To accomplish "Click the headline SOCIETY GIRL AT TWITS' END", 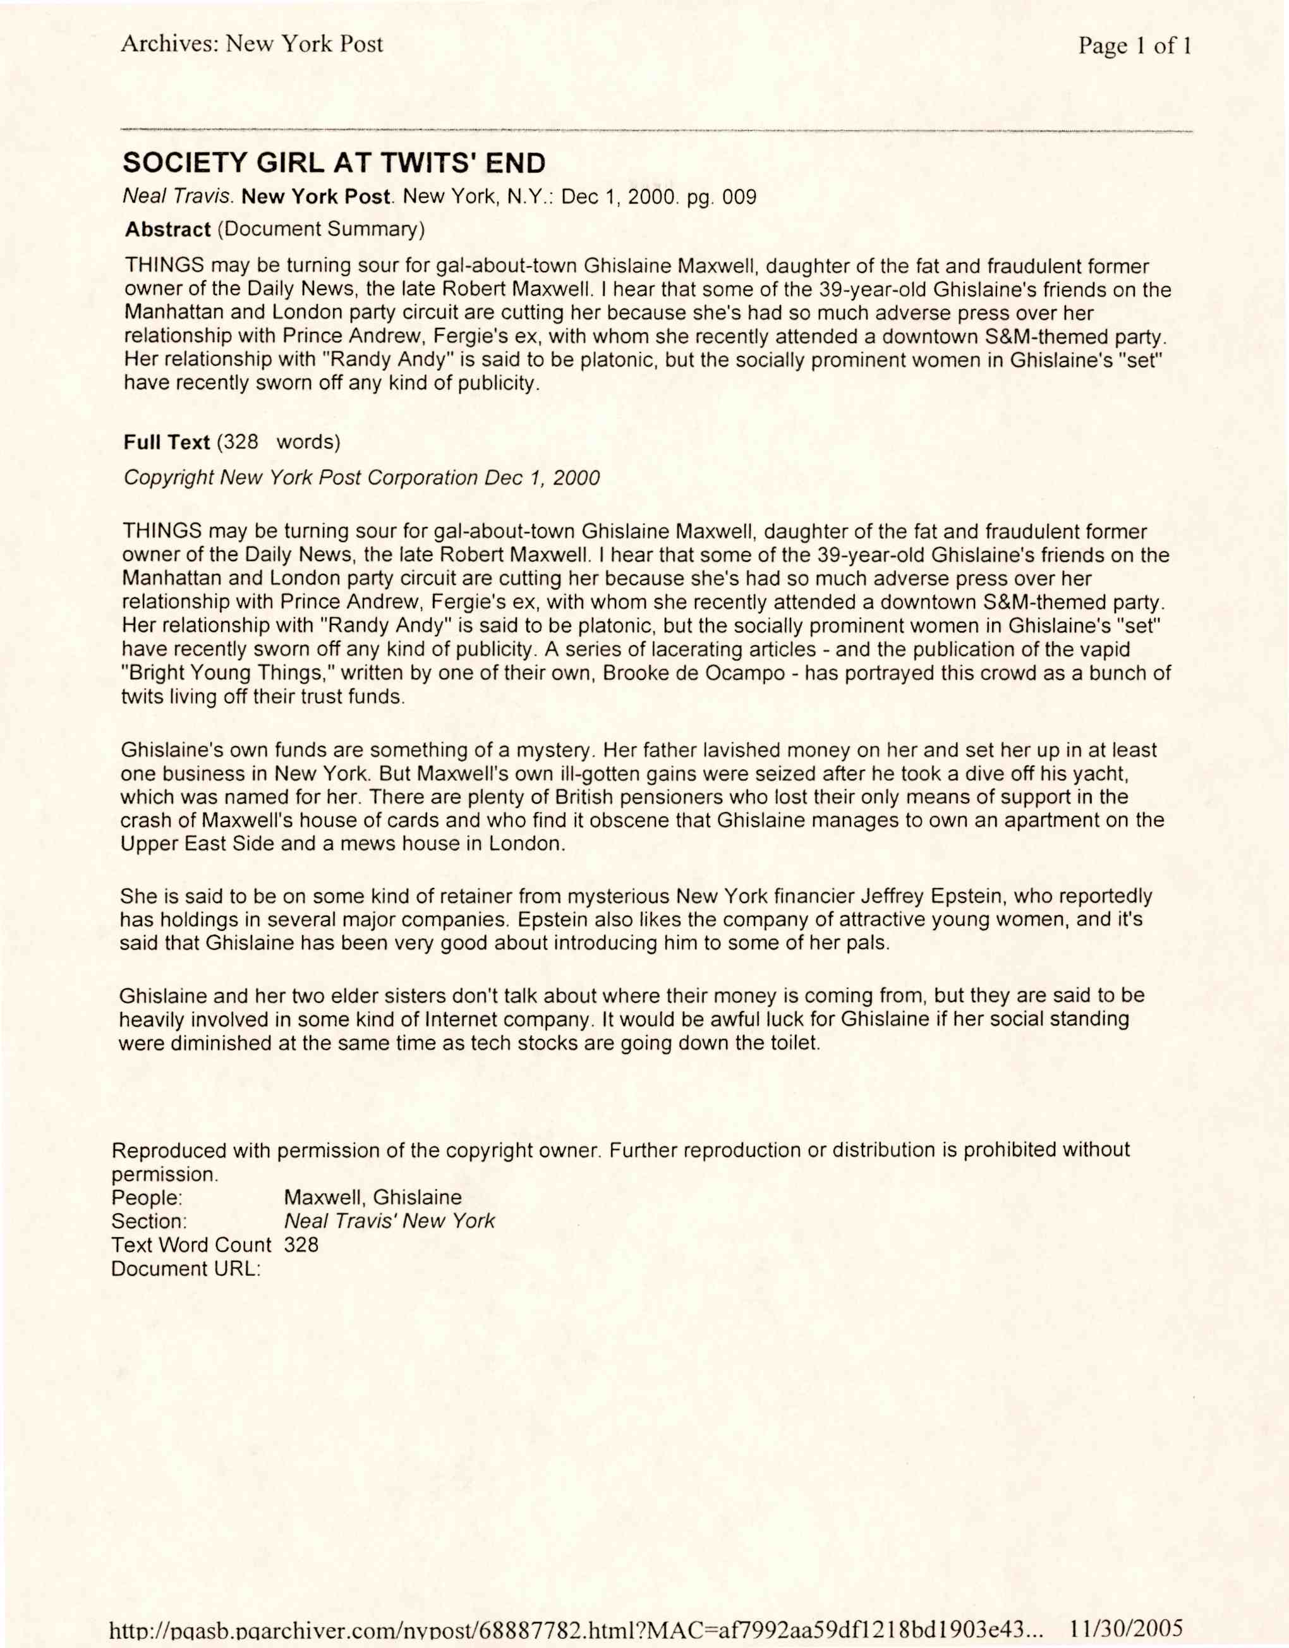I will [334, 162].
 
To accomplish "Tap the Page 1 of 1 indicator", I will [1134, 46].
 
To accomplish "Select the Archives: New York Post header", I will [252, 44].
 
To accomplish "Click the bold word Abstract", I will [167, 229].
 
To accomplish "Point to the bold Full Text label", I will [167, 442].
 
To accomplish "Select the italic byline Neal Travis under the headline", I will [179, 198].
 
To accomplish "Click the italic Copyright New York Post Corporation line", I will [361, 478].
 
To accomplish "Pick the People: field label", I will [147, 1197].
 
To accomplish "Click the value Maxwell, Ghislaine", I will [373, 1197].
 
